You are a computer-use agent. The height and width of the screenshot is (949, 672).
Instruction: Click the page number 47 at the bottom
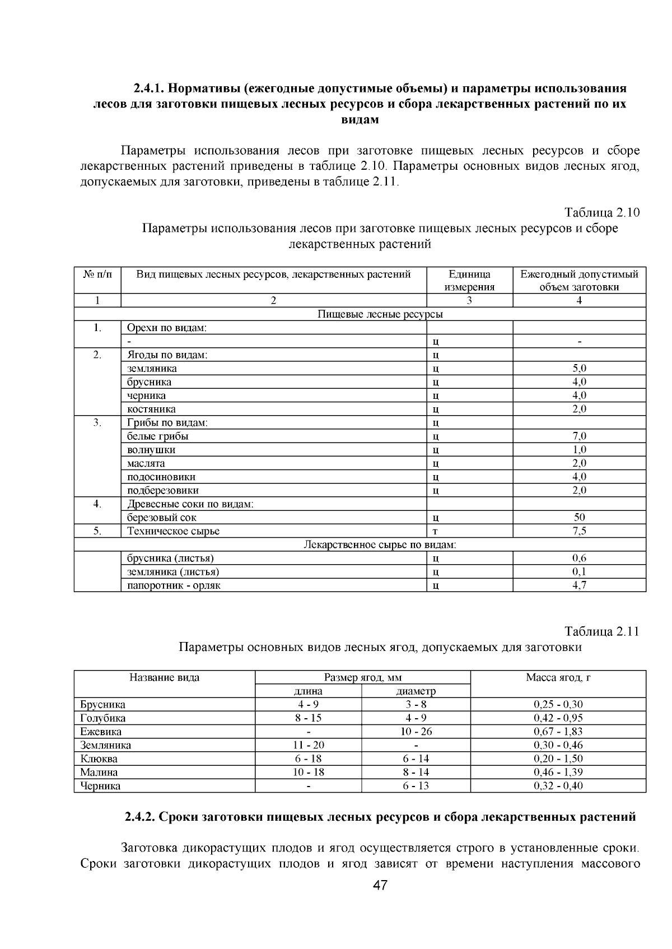click(380, 886)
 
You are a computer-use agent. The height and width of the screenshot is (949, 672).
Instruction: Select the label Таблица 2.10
click(601, 213)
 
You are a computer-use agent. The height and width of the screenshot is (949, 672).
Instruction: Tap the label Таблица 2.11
click(601, 631)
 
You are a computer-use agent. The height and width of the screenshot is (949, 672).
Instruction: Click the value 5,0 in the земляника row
click(579, 369)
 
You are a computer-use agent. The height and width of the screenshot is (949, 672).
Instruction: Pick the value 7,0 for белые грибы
click(579, 436)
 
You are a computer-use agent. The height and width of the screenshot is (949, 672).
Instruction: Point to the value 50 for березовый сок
click(579, 518)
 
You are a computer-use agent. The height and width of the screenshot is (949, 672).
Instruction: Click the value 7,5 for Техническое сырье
click(579, 531)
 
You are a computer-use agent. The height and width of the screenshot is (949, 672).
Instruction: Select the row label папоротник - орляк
click(174, 585)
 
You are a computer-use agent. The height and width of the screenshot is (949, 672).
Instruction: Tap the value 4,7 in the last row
click(579, 585)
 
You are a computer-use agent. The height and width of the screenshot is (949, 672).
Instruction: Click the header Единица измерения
click(469, 281)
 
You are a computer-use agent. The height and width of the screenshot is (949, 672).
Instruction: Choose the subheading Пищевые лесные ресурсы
click(380, 314)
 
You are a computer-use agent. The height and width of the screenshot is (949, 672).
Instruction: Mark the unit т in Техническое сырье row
click(435, 532)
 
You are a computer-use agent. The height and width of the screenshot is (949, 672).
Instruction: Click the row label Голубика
click(103, 718)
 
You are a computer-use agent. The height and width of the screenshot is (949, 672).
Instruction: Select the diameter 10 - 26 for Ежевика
click(416, 732)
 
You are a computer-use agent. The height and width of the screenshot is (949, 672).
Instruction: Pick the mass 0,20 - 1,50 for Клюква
click(558, 759)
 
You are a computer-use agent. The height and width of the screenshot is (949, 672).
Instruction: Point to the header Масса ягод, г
click(558, 677)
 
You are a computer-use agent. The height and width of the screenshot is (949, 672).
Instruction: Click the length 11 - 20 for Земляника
click(308, 745)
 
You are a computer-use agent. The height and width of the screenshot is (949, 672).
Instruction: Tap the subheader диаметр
click(416, 691)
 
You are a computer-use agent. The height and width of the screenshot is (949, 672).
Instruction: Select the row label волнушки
click(151, 450)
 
